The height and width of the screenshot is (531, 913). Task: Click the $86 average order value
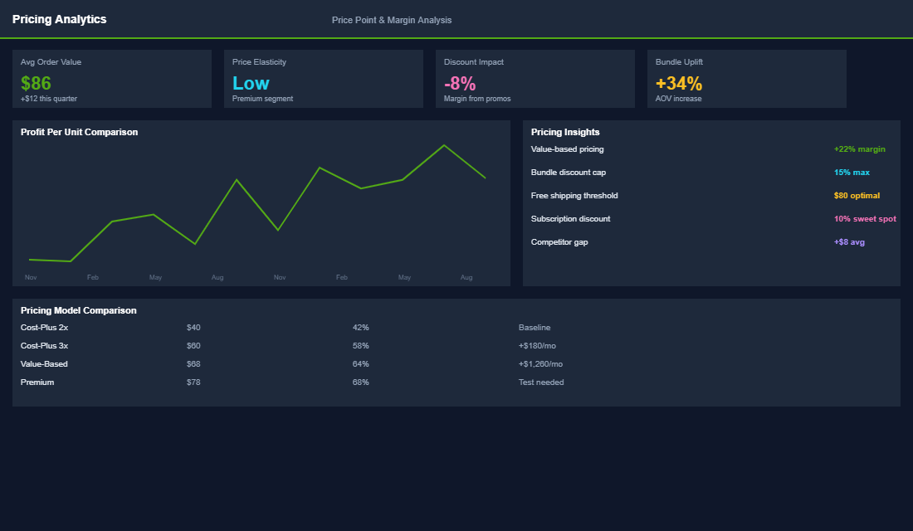click(x=36, y=83)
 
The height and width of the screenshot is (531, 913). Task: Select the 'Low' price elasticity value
click(x=251, y=83)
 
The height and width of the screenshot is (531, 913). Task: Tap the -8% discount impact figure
click(x=460, y=83)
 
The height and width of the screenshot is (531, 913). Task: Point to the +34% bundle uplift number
click(x=679, y=83)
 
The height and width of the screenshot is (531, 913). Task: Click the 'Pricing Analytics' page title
click(x=60, y=19)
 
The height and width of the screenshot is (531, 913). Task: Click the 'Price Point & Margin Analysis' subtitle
click(x=392, y=20)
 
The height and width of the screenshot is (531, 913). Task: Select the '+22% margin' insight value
click(x=860, y=149)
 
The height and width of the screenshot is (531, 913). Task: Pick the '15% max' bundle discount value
click(x=852, y=173)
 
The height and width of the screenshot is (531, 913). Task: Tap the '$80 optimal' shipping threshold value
click(x=857, y=196)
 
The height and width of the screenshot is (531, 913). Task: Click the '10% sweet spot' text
click(x=865, y=219)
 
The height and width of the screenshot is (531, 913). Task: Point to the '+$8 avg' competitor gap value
click(x=850, y=242)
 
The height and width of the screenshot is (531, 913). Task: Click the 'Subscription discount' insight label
click(x=570, y=219)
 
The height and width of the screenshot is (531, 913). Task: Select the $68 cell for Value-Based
click(x=193, y=364)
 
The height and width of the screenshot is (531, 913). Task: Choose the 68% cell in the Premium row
click(x=360, y=382)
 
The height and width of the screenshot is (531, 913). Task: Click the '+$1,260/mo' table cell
click(x=540, y=364)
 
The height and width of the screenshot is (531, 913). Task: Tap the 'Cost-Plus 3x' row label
click(x=44, y=346)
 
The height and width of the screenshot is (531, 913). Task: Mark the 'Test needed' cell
click(x=541, y=382)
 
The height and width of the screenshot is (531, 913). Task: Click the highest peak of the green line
click(x=444, y=145)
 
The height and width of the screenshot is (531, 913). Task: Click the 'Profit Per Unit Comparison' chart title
click(x=80, y=132)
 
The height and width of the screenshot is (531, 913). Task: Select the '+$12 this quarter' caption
click(x=49, y=99)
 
